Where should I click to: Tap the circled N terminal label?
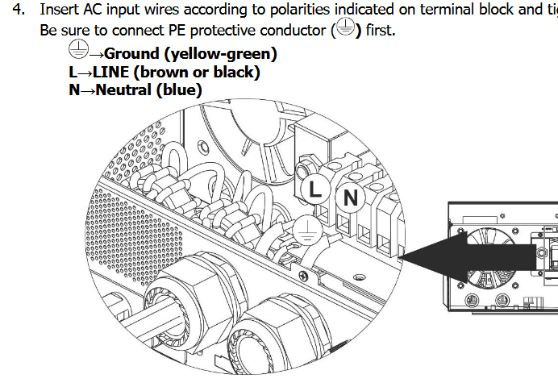(x=351, y=196)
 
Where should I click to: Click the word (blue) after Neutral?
(x=177, y=89)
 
